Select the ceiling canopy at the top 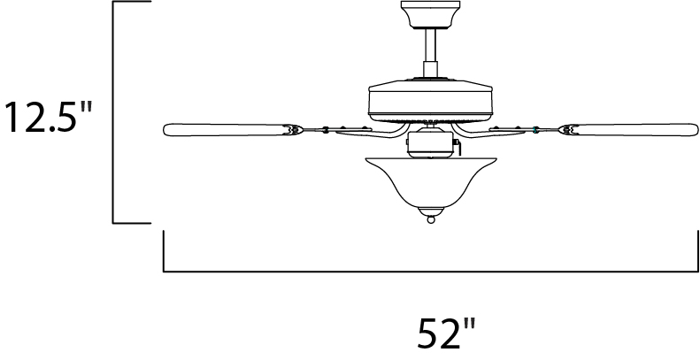pyautogui.click(x=430, y=14)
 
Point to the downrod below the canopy pyautogui.click(x=430, y=55)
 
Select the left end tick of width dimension pyautogui.click(x=165, y=249)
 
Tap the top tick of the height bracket pyautogui.click(x=129, y=3)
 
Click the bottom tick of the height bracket pyautogui.click(x=129, y=220)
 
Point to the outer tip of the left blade pyautogui.click(x=167, y=130)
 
